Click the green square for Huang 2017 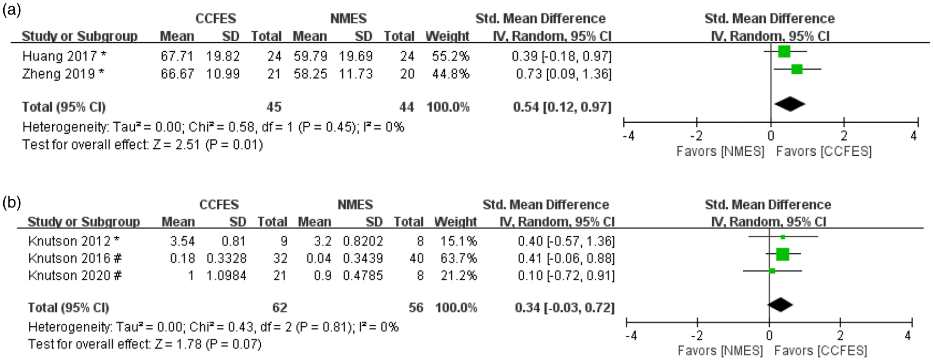click(784, 51)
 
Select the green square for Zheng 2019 click(797, 69)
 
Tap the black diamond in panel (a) click(790, 104)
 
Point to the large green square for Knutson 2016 click(783, 254)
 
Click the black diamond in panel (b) click(780, 305)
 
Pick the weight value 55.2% click(450, 56)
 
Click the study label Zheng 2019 click(59, 74)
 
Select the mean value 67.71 click(177, 56)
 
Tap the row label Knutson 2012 click(69, 241)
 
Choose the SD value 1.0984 click(226, 275)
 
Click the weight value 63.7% click(458, 258)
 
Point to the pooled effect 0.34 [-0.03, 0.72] click(565, 307)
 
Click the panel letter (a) click(11, 10)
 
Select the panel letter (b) click(12, 202)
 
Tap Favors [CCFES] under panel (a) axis click(823, 151)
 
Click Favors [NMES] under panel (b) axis click(720, 351)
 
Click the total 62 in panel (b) click(280, 307)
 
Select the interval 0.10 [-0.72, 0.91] click(566, 275)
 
